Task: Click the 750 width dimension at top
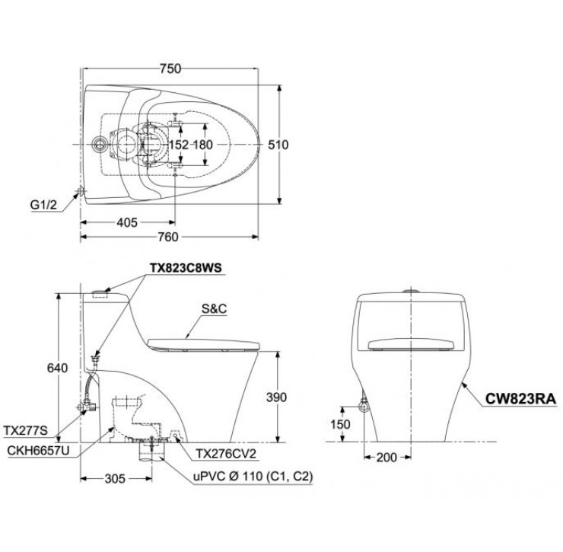(x=170, y=69)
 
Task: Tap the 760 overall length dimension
(x=168, y=237)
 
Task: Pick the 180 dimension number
(x=202, y=145)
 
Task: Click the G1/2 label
(x=43, y=204)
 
